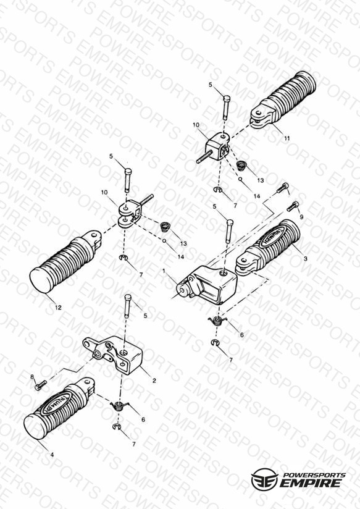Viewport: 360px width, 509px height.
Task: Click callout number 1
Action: click(x=164, y=271)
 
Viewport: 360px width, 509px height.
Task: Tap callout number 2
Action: click(x=154, y=381)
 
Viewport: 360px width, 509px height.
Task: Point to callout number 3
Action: click(x=305, y=258)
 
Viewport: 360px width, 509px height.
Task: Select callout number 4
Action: click(x=52, y=455)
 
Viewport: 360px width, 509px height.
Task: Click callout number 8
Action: click(x=32, y=377)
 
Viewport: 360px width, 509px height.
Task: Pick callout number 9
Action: click(x=301, y=217)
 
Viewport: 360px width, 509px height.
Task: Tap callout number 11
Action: click(x=287, y=138)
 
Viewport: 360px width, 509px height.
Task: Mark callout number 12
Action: click(x=58, y=307)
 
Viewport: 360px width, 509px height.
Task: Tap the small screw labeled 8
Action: click(x=40, y=385)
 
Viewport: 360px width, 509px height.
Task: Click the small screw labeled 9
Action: click(x=293, y=206)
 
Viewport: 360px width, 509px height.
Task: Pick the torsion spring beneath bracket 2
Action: click(x=119, y=405)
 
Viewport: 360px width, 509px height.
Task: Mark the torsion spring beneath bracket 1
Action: click(x=217, y=321)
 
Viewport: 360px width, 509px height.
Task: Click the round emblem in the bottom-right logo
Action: click(x=264, y=479)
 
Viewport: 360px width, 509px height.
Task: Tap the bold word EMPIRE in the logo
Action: click(x=311, y=483)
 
